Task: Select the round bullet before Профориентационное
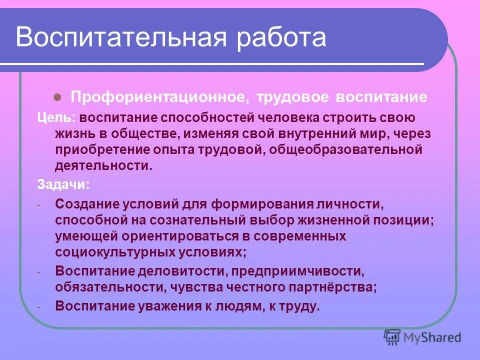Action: pos(57,96)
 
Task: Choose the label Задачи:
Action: pos(63,184)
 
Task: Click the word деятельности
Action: pos(103,165)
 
